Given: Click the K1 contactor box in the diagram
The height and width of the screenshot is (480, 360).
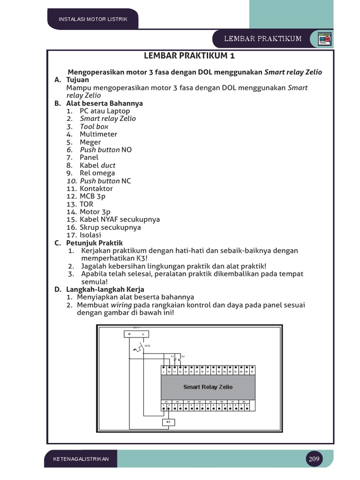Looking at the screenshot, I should tap(168, 422).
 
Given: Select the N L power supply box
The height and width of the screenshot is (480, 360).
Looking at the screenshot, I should tap(136, 334).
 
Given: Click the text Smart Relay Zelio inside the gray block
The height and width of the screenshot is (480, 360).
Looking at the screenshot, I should tap(208, 387).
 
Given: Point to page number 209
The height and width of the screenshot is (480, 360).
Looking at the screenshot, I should tap(314, 459).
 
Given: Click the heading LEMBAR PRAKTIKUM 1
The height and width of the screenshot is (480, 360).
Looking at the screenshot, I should tap(190, 56).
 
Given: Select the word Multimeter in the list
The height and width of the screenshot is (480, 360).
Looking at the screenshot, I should tap(98, 134).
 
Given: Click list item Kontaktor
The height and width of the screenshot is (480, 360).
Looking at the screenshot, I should tap(96, 188).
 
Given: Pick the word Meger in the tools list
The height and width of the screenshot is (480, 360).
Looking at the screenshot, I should tap(90, 142).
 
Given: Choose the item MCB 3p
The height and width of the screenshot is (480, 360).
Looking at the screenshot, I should tap(92, 196).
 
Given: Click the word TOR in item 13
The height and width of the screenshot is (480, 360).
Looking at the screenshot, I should tap(86, 204).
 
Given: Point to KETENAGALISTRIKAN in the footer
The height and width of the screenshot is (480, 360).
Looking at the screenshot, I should tap(81, 459).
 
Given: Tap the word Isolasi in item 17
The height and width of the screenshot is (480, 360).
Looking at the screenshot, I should tap(90, 235).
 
